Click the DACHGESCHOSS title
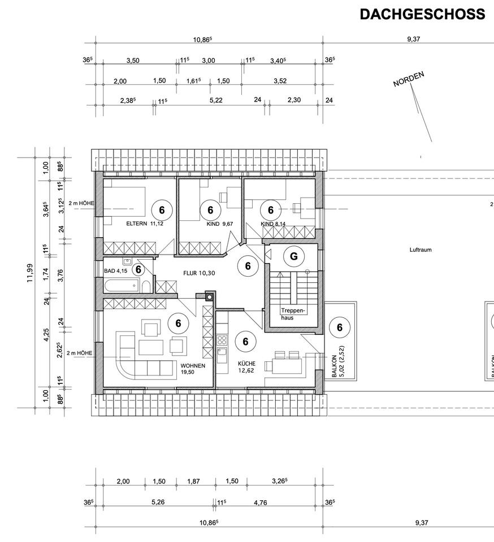[x=422, y=14]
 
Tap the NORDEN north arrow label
[x=409, y=80]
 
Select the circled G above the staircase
[x=293, y=257]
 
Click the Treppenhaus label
[x=293, y=314]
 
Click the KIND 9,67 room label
[x=203, y=224]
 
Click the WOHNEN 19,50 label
[x=192, y=369]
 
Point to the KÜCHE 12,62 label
[x=246, y=367]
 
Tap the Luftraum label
[x=421, y=249]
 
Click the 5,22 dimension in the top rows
[x=215, y=100]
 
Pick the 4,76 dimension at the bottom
[x=261, y=502]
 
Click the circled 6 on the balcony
[x=340, y=327]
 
